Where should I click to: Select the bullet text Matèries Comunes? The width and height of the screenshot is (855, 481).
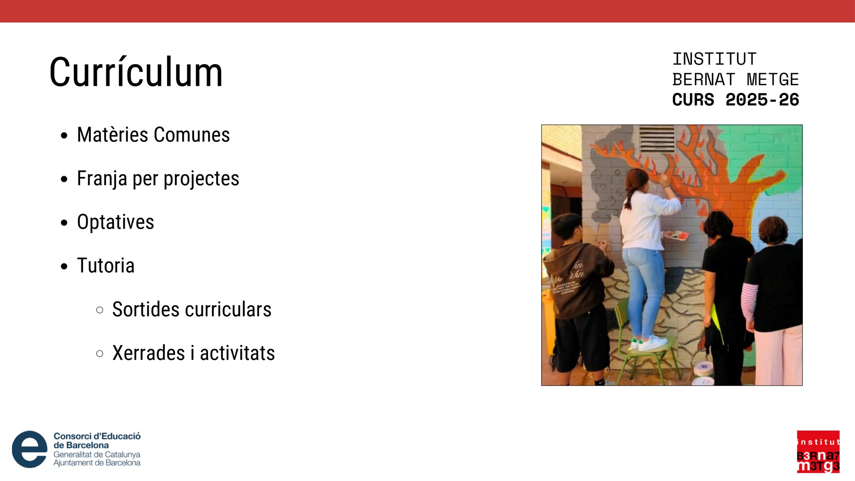[x=153, y=135]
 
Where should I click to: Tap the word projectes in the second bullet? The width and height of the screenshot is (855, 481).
[x=201, y=179]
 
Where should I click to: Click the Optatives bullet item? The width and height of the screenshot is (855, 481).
[x=116, y=222]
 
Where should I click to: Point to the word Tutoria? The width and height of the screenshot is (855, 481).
[x=106, y=266]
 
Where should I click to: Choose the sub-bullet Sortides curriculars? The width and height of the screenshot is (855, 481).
[x=192, y=309]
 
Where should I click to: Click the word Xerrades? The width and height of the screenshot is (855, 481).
[x=149, y=353]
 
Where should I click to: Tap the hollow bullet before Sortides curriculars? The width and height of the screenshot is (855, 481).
[x=100, y=310]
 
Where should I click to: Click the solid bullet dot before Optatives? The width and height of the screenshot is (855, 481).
[x=64, y=223]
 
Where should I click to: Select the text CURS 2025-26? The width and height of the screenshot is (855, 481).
[x=735, y=100]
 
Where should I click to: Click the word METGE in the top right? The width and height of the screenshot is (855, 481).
[x=773, y=79]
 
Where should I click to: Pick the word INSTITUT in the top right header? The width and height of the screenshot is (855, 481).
[x=714, y=59]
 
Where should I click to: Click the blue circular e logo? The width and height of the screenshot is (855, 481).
[x=29, y=449]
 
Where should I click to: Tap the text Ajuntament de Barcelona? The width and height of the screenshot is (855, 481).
[x=97, y=463]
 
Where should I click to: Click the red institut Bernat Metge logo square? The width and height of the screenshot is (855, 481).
[x=818, y=452]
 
